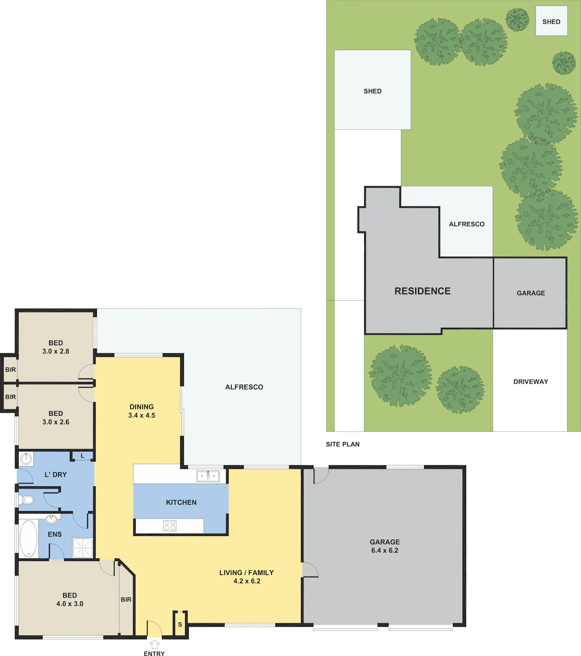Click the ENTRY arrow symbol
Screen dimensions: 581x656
pos(155,644)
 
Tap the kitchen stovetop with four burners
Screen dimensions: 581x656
pos(170,526)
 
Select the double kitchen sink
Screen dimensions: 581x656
pos(208,476)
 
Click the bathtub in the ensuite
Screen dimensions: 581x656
pos(28,539)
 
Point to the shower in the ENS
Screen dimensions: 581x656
pos(83,548)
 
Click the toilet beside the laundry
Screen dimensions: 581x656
pos(26,500)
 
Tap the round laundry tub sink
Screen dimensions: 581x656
pos(26,459)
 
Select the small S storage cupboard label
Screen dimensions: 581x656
pos(180,625)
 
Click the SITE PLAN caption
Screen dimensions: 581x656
pos(343,444)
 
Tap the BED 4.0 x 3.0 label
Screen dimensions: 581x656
pos(70,599)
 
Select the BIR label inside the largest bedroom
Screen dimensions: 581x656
pos(126,599)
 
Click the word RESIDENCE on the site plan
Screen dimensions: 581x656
pos(423,291)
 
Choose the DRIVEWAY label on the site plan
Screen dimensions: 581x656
pos(531,382)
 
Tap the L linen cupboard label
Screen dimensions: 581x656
pos(83,456)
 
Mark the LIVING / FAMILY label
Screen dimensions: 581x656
pos(247,573)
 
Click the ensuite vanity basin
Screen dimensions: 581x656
pos(51,519)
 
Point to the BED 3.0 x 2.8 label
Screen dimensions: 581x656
pos(56,347)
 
